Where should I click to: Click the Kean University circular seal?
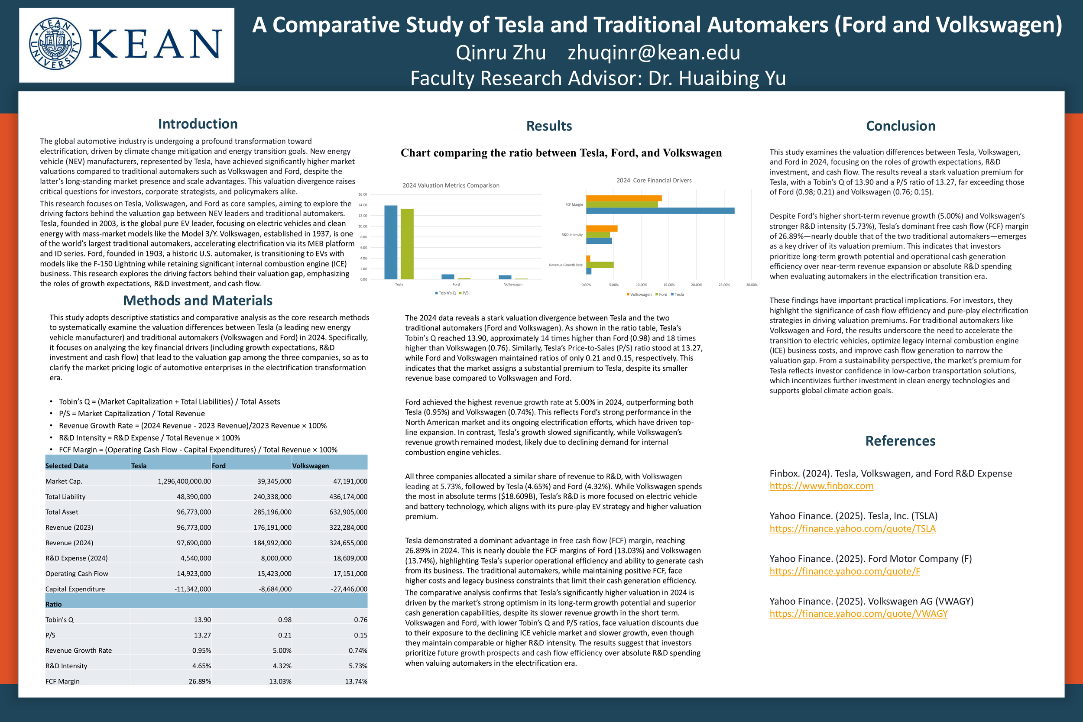coord(55,44)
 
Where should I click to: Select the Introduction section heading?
coord(198,124)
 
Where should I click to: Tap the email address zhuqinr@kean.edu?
coord(653,52)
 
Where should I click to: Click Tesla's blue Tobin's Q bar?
coord(390,242)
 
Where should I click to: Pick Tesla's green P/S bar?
coord(407,244)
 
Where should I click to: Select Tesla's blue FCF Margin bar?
coord(660,211)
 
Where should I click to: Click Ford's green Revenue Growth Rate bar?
coord(600,265)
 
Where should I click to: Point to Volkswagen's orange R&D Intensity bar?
coord(601,228)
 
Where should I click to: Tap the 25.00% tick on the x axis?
coord(723,285)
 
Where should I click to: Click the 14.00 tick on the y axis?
coord(363,205)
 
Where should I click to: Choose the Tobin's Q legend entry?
coord(445,293)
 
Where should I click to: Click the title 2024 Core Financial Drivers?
coord(654,181)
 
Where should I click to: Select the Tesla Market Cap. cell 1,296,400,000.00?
coord(184,481)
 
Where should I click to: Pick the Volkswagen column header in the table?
coord(310,466)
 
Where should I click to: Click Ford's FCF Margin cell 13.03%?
coord(280,681)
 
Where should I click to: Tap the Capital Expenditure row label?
coord(75,589)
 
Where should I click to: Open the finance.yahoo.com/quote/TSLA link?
coord(852,528)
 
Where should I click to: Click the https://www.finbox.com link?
coord(821,486)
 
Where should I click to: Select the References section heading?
coord(900,440)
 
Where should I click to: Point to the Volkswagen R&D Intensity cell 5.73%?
coord(357,666)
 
